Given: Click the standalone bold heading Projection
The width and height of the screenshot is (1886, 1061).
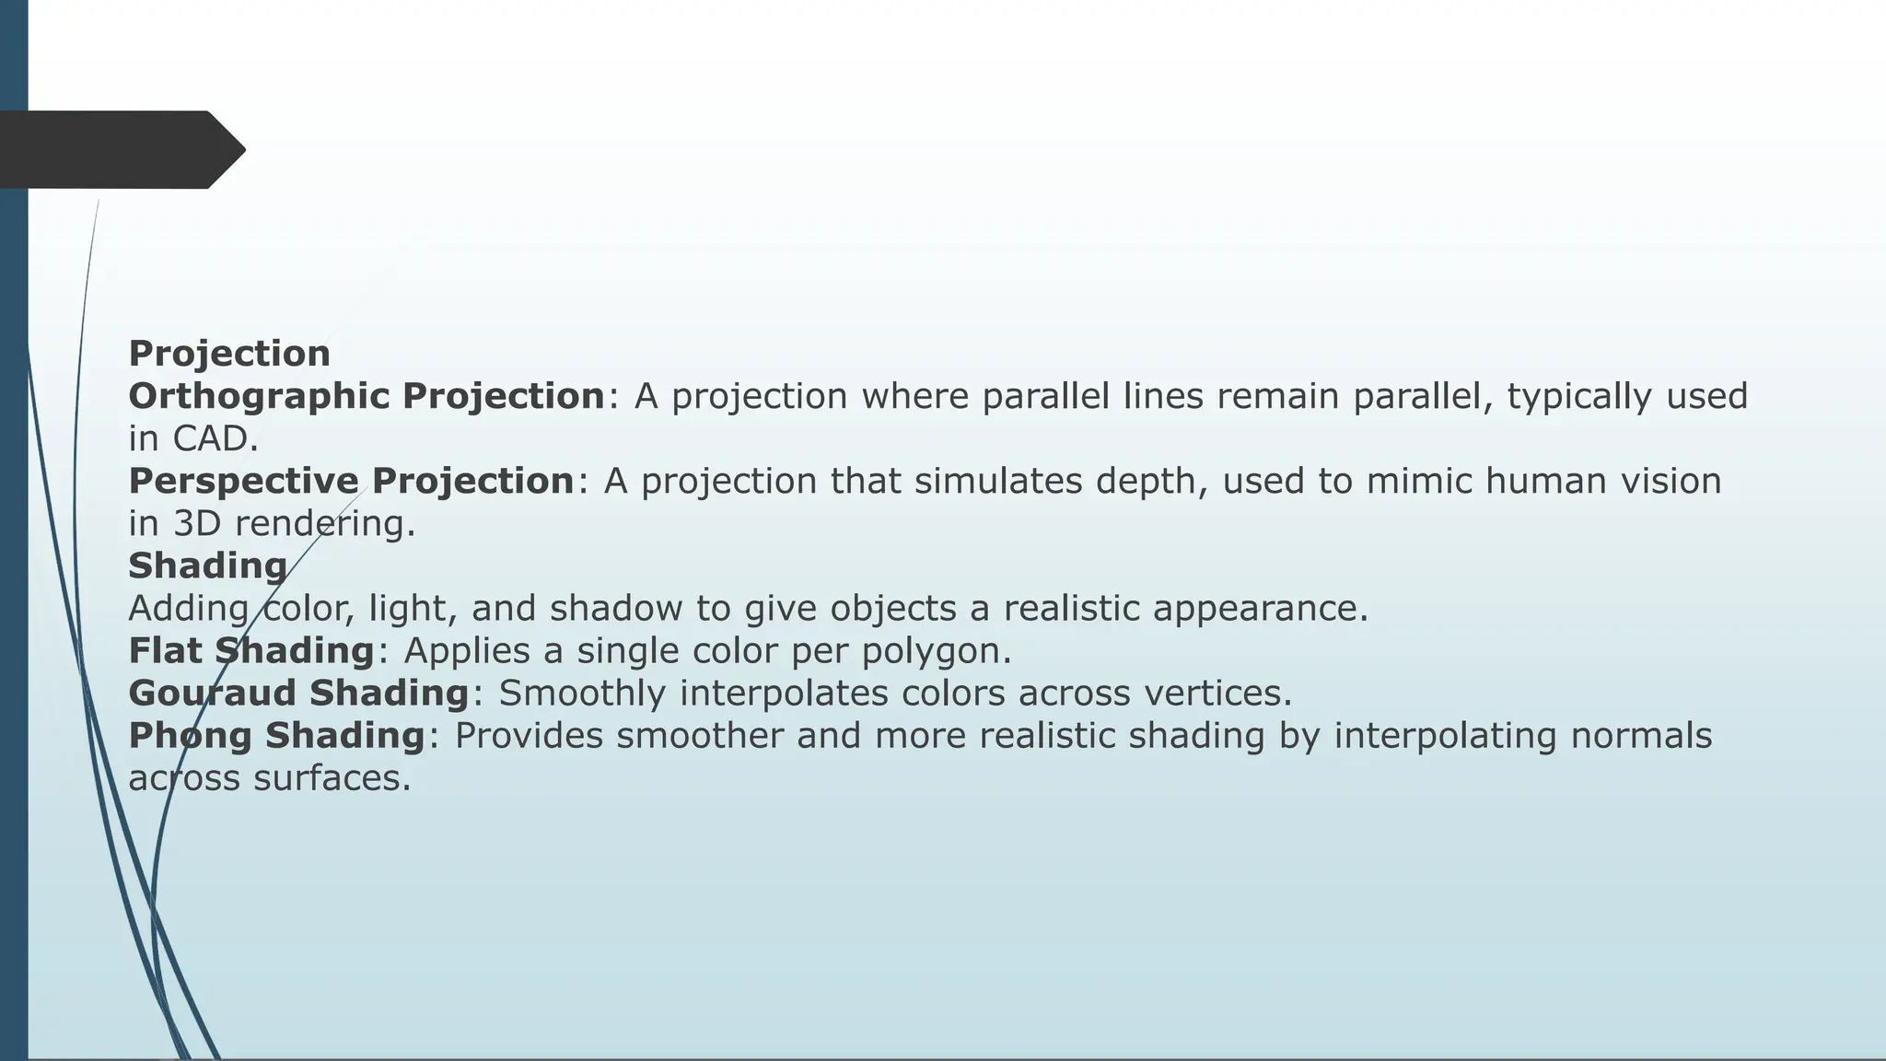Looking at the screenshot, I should click(x=228, y=354).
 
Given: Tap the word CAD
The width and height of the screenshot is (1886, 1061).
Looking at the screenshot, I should click(x=215, y=439).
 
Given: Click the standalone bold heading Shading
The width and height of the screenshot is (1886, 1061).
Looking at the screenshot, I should click(x=207, y=566).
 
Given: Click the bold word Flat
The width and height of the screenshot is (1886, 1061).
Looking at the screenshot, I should click(x=165, y=651).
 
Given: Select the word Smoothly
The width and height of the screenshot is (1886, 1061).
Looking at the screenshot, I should click(x=581, y=694).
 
